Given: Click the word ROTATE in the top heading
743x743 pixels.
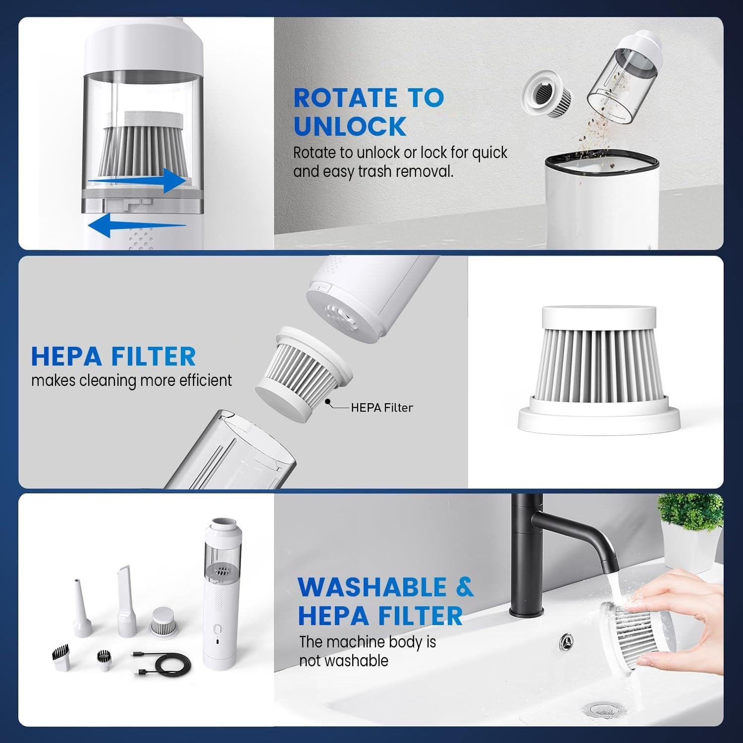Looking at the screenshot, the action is click(345, 98).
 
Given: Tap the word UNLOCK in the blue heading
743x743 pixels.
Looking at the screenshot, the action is click(350, 126).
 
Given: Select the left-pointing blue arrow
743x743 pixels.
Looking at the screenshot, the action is click(137, 225).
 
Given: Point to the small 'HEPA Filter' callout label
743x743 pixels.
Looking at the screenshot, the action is click(382, 408).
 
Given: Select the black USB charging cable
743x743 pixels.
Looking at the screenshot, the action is click(164, 663).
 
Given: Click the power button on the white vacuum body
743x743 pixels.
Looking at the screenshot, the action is click(216, 630).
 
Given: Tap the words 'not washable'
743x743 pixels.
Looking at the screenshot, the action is click(344, 661).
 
